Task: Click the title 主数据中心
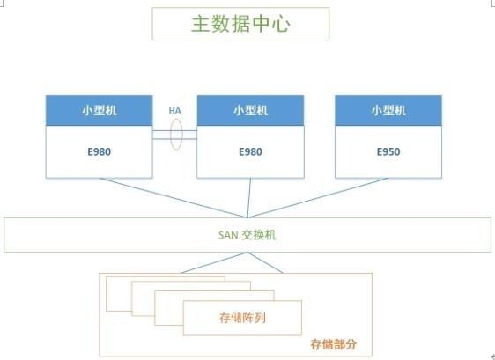pos(240,24)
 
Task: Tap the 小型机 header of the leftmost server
pos(100,110)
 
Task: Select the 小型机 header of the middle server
pos(251,110)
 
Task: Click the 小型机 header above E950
pos(388,110)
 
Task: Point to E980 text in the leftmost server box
pos(100,151)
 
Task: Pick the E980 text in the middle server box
pos(251,151)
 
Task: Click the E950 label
pos(388,151)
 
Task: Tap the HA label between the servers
pos(175,111)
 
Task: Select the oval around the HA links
pos(171,134)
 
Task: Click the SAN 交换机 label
pos(247,235)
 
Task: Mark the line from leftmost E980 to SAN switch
pos(174,198)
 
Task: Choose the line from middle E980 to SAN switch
pos(249,198)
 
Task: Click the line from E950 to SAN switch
pos(318,198)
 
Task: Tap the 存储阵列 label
pos(242,318)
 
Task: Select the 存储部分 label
pos(334,344)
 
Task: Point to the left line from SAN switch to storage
pos(215,262)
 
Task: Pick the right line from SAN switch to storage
pos(265,262)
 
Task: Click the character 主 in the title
pos(200,24)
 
